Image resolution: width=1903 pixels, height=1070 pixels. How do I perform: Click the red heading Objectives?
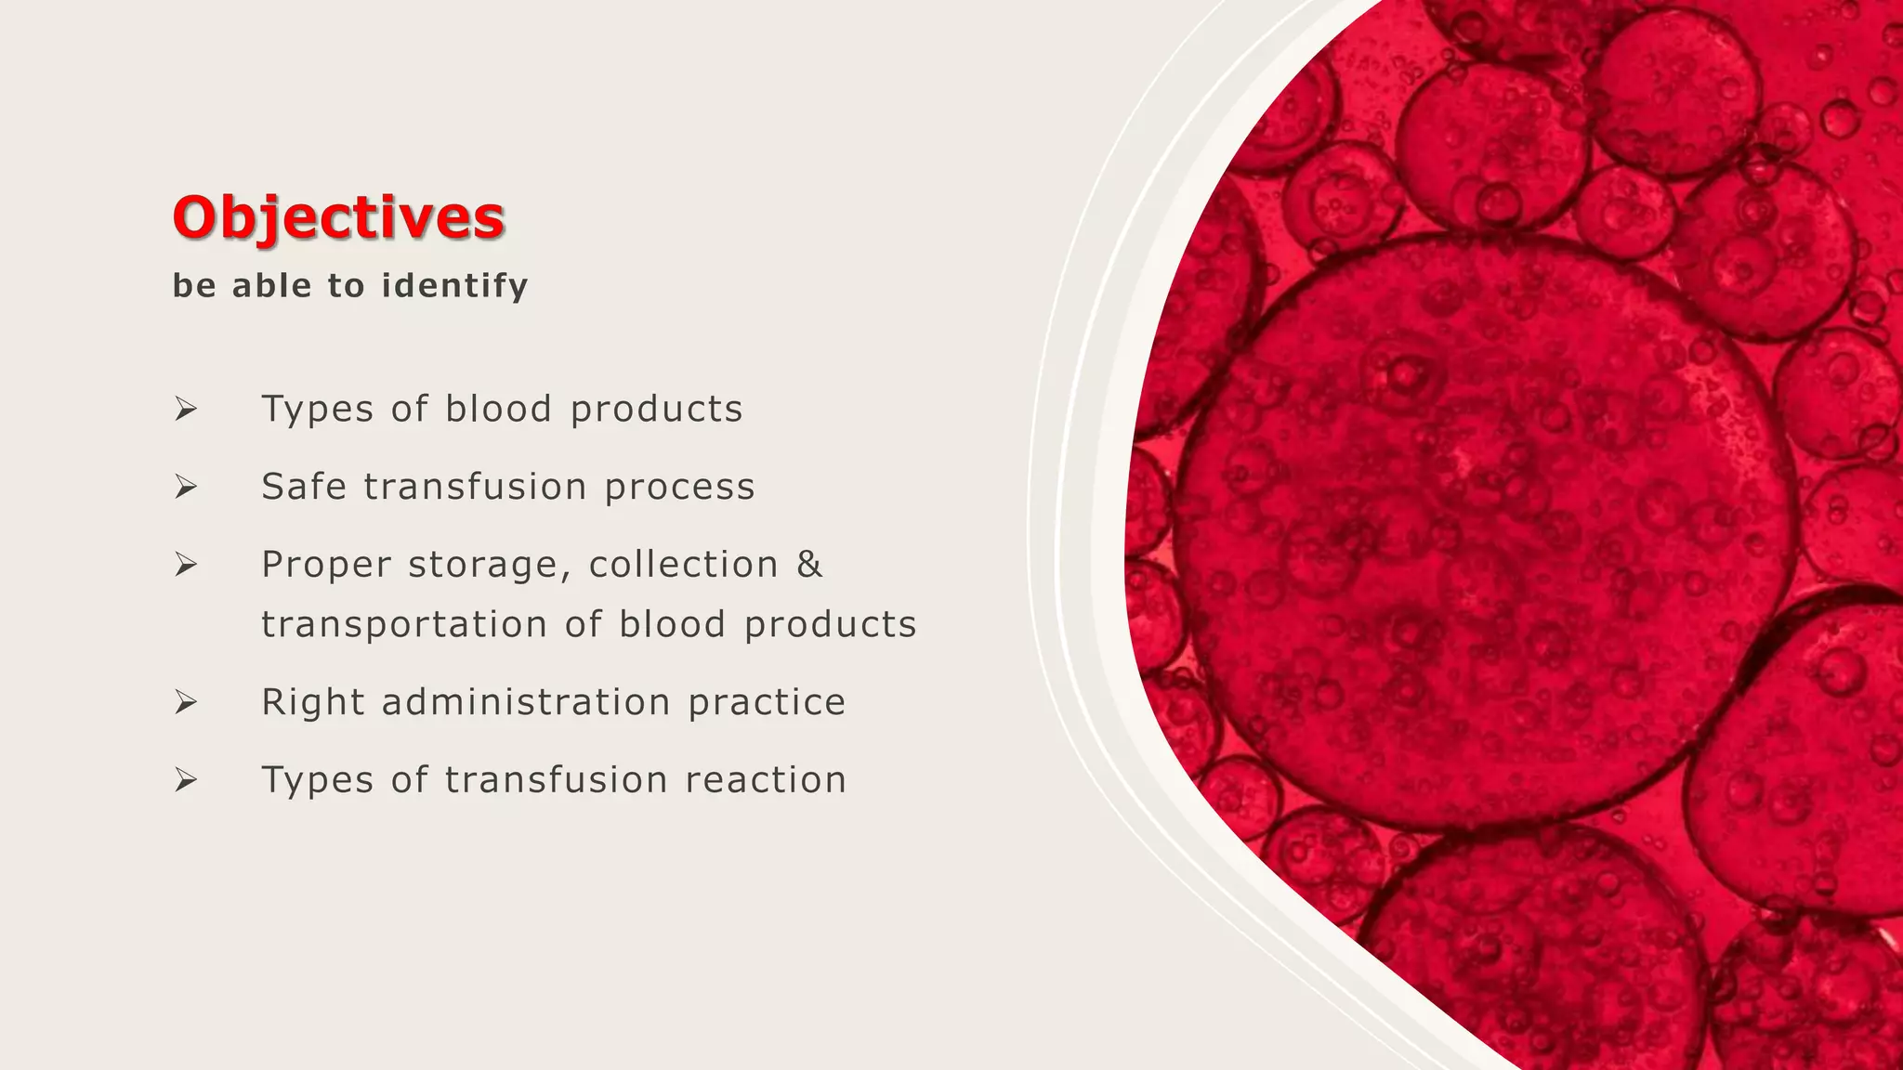pos(338,217)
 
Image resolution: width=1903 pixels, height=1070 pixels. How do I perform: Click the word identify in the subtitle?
pos(455,285)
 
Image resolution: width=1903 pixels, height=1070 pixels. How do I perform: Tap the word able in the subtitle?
pos(272,285)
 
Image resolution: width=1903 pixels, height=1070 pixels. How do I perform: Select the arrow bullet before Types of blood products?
pos(186,409)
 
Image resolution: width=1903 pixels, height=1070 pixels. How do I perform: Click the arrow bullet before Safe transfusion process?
pos(186,487)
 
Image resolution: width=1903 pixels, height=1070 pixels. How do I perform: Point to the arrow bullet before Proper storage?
pos(186,564)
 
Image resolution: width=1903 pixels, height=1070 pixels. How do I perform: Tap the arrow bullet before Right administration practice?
pos(186,702)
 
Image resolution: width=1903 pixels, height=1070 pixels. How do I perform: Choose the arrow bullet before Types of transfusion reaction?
pos(186,780)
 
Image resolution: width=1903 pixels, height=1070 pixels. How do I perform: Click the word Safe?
pos(304,487)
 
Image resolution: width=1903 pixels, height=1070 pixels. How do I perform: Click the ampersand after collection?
pos(809,564)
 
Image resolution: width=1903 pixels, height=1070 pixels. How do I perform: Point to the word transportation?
pos(403,625)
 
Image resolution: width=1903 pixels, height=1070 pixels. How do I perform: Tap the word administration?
pos(526,702)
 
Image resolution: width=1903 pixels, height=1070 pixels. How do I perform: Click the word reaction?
pos(766,780)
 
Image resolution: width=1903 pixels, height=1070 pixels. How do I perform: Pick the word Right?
pos(313,702)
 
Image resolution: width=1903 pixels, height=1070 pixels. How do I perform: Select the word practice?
pos(767,703)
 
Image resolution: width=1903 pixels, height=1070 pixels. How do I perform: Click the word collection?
pos(683,564)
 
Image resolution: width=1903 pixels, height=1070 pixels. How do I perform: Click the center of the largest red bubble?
pos(1485,531)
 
